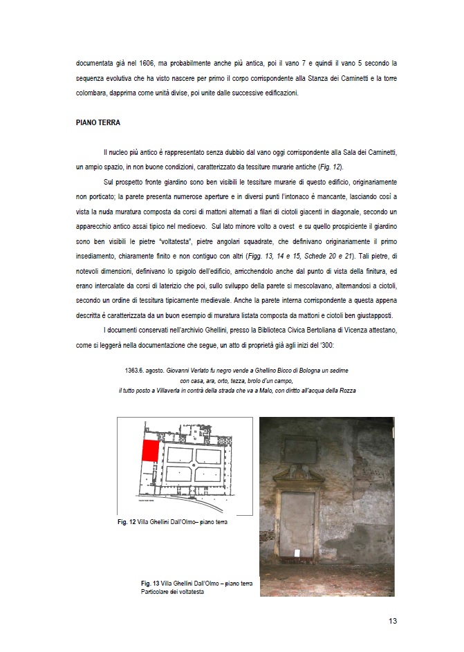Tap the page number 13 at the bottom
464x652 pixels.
point(393,620)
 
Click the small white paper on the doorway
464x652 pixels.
point(298,551)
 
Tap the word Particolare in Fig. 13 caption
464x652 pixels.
point(156,592)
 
